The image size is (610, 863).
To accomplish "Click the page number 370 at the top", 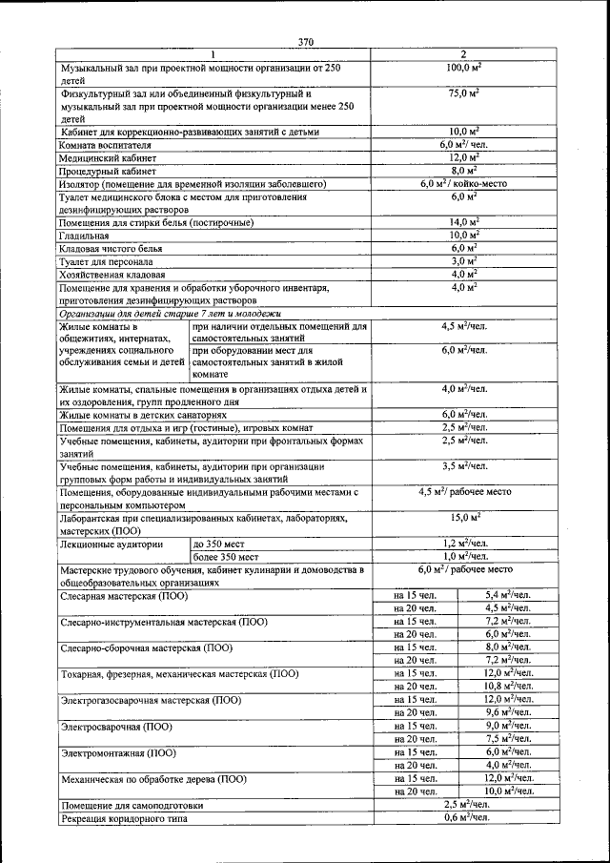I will point(305,41).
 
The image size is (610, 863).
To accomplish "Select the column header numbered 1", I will point(213,54).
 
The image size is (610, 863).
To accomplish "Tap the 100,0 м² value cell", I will point(463,69).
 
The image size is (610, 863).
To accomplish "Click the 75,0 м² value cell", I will point(463,94).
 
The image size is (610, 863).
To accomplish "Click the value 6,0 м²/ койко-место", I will point(463,183).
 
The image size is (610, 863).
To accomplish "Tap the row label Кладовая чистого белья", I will point(112,248).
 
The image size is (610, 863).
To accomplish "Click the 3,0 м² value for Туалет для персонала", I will point(463,260).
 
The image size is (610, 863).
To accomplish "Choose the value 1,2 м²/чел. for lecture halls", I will point(463,543).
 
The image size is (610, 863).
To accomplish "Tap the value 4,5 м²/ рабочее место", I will point(463,492).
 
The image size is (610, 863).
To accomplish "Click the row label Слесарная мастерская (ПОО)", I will point(124,595).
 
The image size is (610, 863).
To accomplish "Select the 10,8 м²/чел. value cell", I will point(507,686).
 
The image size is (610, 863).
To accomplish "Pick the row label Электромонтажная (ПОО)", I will point(119,752).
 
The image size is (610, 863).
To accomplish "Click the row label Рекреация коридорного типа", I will point(132,818).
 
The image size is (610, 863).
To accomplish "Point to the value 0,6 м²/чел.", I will point(463,817).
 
